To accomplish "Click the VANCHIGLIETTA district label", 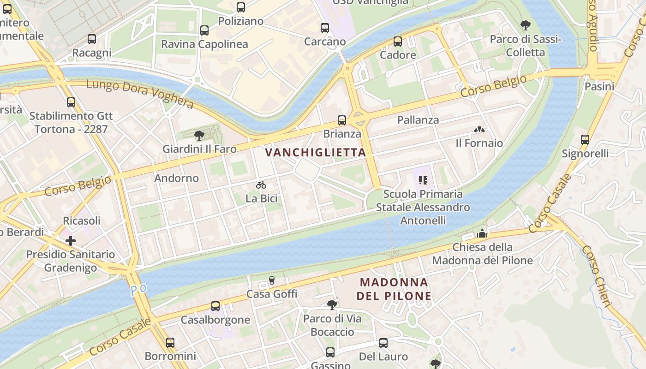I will [x=316, y=152].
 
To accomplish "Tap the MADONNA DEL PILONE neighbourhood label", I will [x=394, y=289].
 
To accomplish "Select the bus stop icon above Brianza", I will [x=342, y=120].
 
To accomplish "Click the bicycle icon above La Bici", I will [x=261, y=185].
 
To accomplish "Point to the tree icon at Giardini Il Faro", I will [x=199, y=136].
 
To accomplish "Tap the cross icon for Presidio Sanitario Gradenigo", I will [x=71, y=241].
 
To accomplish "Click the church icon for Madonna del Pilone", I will [x=482, y=234].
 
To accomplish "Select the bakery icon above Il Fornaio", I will [x=479, y=130].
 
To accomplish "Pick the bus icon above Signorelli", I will [x=585, y=140].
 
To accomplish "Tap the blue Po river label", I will [x=138, y=290].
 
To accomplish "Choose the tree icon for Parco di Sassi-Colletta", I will [x=525, y=25].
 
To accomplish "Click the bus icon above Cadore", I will [x=398, y=42].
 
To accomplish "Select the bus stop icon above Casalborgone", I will [x=215, y=306].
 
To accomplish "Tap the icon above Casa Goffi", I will [x=272, y=280].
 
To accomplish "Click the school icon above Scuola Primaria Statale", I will [x=423, y=180].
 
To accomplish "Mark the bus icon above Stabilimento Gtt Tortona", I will [x=71, y=102].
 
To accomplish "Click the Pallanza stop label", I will [x=418, y=120].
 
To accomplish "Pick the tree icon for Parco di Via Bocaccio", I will [x=332, y=304].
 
